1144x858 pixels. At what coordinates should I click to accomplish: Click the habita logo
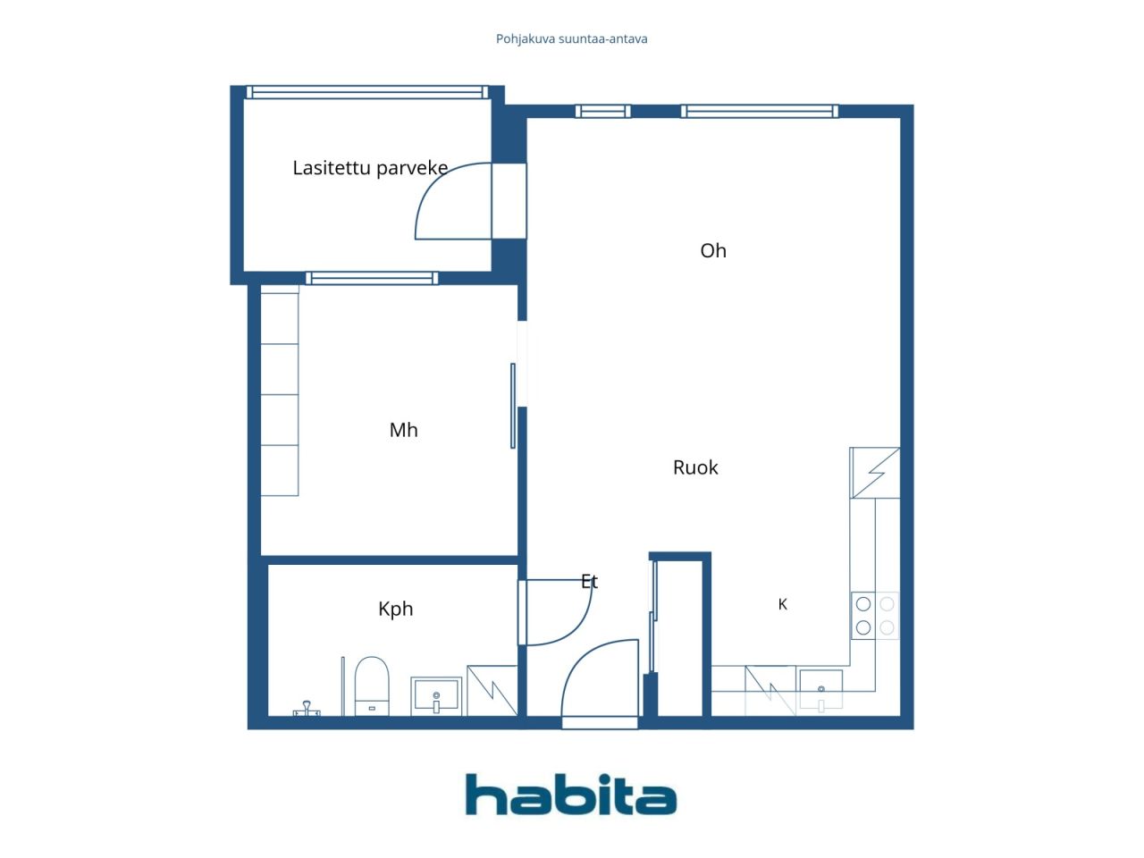coord(571,794)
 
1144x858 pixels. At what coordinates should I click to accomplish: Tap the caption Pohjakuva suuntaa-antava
coord(571,39)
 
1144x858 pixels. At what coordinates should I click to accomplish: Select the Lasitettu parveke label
coord(370,168)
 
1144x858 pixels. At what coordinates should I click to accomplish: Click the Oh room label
coord(713,250)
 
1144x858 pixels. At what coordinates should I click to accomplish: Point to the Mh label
coord(403,430)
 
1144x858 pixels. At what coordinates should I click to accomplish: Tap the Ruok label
coord(695,467)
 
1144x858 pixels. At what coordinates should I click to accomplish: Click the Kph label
coord(396,609)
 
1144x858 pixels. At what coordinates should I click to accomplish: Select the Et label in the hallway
coord(589,581)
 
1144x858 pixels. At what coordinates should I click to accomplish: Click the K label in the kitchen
coord(782,604)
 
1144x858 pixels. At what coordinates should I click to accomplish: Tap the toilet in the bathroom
coord(372,686)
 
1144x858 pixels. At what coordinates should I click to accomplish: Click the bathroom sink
coord(436,695)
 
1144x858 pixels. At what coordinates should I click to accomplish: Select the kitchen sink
coord(820,689)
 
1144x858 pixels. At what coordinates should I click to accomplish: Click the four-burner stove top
coord(875,616)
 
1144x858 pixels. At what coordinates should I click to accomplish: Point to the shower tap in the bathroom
coord(307,709)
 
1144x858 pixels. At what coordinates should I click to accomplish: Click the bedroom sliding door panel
coord(513,406)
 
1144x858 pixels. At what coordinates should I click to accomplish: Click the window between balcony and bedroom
coord(372,278)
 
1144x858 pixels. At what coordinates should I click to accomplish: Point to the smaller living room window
coord(603,111)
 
